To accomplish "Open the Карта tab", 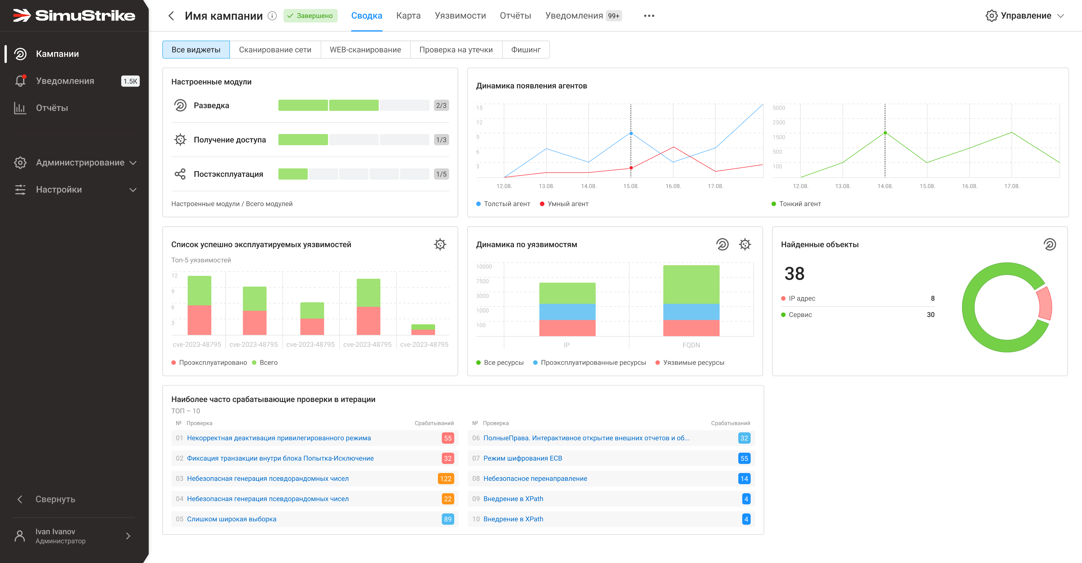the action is point(408,16).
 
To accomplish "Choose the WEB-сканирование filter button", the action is point(365,50).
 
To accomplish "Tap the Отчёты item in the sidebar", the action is point(52,108).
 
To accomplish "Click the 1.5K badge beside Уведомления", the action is point(130,81).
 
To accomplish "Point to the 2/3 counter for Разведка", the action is point(441,105).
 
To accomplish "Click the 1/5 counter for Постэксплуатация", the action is point(441,174).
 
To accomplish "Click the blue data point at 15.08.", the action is point(631,134).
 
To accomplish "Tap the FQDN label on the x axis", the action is point(691,345).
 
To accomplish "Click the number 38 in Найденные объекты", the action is point(794,274).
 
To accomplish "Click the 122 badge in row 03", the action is point(446,479).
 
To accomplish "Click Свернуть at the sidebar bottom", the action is point(55,499).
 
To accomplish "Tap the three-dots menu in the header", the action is point(649,16).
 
